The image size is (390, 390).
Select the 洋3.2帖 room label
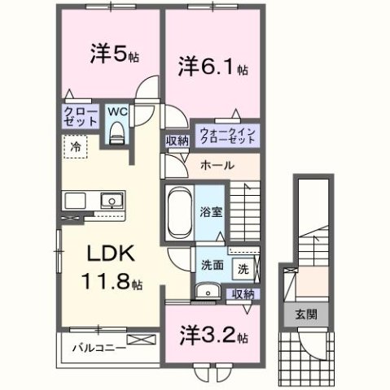tap(211, 335)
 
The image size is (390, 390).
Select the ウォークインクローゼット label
tap(226, 134)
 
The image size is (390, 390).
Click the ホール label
tap(217, 166)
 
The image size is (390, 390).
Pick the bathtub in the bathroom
tap(177, 211)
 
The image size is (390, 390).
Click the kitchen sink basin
tap(109, 201)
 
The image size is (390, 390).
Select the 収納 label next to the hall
tap(177, 141)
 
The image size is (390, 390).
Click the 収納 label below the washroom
tap(242, 295)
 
